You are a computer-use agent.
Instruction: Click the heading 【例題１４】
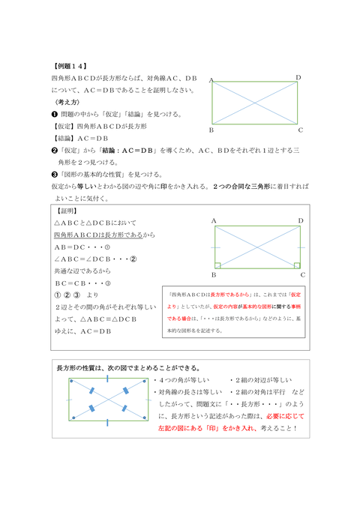(70, 65)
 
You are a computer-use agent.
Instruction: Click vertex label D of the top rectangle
(298, 78)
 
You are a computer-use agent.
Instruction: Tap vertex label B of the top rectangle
(211, 130)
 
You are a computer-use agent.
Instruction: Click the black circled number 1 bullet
(54, 114)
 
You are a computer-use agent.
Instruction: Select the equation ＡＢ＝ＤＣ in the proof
(71, 247)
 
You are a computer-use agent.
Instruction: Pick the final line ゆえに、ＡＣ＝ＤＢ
(82, 330)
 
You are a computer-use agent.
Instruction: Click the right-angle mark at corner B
(217, 265)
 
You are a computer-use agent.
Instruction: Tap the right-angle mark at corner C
(298, 265)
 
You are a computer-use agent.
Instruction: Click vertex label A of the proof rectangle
(214, 221)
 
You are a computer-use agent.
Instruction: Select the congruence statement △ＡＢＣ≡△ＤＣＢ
(112, 318)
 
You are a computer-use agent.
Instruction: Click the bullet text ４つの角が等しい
(181, 381)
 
